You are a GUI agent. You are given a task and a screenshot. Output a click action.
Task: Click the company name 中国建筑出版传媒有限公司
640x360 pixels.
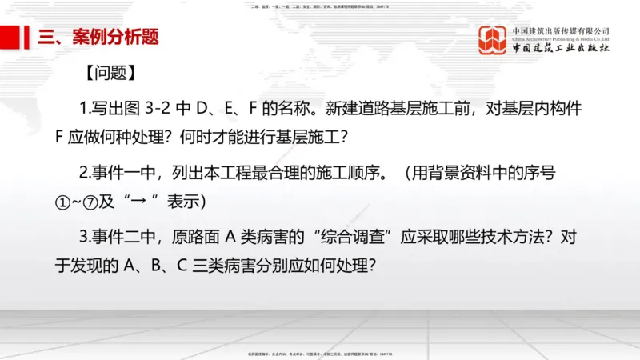(561, 30)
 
